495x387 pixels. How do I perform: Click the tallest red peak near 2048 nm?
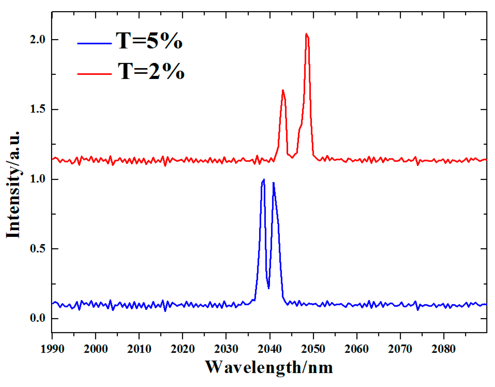tap(306, 34)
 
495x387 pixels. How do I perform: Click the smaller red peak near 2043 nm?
tap(283, 90)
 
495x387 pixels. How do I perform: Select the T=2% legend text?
tap(151, 71)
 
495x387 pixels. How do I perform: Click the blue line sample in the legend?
tap(94, 43)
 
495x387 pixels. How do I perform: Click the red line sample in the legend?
tap(94, 74)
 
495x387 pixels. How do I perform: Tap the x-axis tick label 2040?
tap(270, 349)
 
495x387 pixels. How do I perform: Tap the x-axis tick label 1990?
tap(52, 349)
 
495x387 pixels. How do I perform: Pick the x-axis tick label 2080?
tap(443, 349)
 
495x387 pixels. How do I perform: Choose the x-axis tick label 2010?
tap(139, 349)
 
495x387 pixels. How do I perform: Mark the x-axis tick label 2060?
tap(356, 349)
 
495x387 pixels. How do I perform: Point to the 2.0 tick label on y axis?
tap(38, 40)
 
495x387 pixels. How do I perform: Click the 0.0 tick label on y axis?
tap(38, 318)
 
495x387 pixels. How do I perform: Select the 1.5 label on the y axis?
tap(38, 109)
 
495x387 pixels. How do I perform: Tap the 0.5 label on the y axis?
tap(38, 249)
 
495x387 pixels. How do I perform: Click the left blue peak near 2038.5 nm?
tap(264, 180)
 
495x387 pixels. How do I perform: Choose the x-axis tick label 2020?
tap(182, 349)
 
